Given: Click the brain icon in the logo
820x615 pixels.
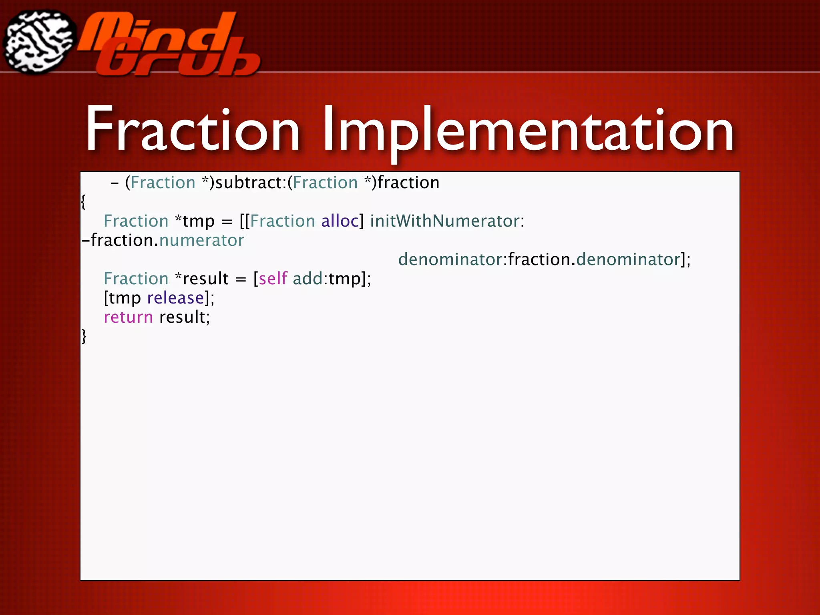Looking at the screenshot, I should click(x=39, y=42).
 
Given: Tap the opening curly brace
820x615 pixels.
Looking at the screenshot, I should click(x=83, y=201).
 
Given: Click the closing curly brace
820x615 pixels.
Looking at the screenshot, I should click(x=84, y=336).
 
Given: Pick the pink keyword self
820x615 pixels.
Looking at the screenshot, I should click(x=273, y=279).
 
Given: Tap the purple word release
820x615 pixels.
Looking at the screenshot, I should click(x=175, y=298).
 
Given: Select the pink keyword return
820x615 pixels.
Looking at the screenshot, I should click(x=128, y=317).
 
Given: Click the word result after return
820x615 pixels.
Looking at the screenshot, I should click(x=183, y=317).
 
